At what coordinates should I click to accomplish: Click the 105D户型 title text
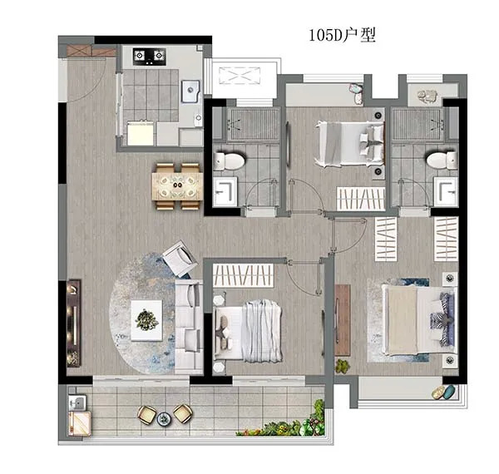pyautogui.click(x=343, y=35)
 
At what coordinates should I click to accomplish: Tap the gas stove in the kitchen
pyautogui.click(x=149, y=57)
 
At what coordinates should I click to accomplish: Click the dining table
pyautogui.click(x=178, y=186)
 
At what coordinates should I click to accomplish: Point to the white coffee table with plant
pyautogui.click(x=146, y=320)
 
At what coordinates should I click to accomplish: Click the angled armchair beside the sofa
pyautogui.click(x=179, y=259)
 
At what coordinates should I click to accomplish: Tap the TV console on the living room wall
pyautogui.click(x=73, y=323)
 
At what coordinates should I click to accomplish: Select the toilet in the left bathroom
pyautogui.click(x=229, y=160)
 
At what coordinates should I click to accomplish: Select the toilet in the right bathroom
pyautogui.click(x=442, y=160)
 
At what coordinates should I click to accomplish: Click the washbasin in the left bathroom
pyautogui.click(x=225, y=192)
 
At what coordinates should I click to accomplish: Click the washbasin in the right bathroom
pyautogui.click(x=446, y=192)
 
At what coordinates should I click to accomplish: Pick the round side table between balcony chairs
pyautogui.click(x=164, y=418)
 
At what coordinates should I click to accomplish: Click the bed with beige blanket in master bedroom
pyautogui.click(x=419, y=319)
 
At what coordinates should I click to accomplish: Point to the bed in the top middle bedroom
pyautogui.click(x=349, y=144)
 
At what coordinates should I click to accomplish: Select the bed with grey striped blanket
pyautogui.click(x=248, y=331)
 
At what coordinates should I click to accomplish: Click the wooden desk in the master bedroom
pyautogui.click(x=343, y=320)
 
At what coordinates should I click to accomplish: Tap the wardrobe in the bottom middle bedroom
pyautogui.click(x=244, y=275)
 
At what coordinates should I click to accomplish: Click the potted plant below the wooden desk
pyautogui.click(x=342, y=366)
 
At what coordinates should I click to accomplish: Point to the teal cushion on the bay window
pyautogui.click(x=449, y=392)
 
